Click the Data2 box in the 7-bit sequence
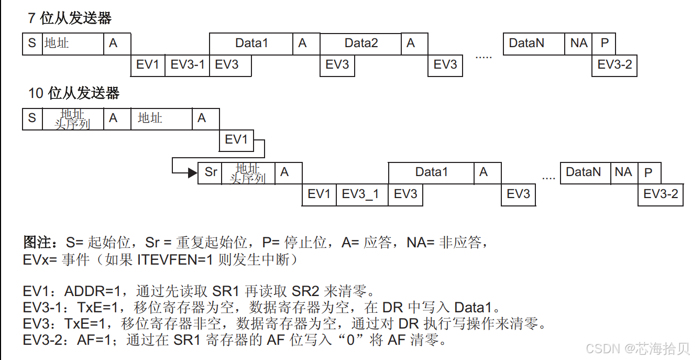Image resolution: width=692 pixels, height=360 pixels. (x=361, y=43)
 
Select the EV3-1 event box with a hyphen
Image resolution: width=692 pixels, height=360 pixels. (x=187, y=65)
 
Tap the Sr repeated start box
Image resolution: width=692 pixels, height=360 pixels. (x=210, y=172)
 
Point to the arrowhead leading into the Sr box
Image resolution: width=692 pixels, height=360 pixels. (x=193, y=172)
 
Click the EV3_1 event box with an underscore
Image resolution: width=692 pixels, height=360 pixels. (x=360, y=194)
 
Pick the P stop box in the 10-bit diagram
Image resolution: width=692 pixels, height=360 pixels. (x=649, y=172)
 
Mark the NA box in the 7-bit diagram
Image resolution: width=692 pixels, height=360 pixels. (x=579, y=43)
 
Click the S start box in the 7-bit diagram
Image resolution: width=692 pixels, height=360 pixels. (x=32, y=43)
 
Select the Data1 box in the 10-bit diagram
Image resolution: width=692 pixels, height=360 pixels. (x=431, y=172)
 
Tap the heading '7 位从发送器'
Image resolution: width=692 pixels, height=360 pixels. (x=69, y=18)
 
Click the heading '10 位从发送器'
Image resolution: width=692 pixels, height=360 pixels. (x=73, y=93)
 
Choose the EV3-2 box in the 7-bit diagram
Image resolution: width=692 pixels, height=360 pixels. (x=614, y=65)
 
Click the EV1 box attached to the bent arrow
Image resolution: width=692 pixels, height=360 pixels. (x=236, y=140)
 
